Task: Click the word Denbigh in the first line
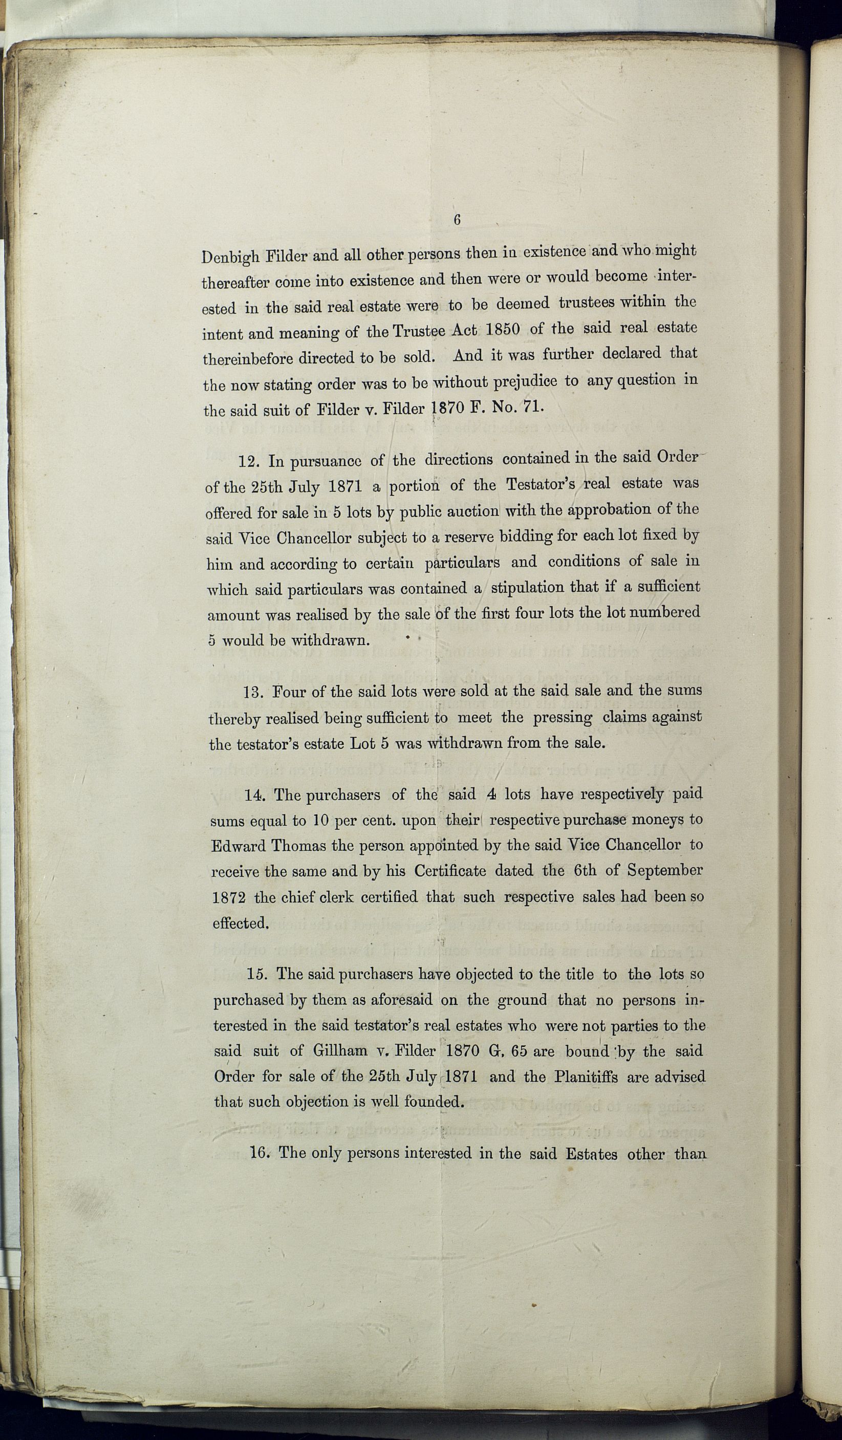pyautogui.click(x=230, y=257)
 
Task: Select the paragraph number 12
pyautogui.click(x=250, y=462)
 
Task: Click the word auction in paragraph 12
pyautogui.click(x=471, y=510)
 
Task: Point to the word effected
pyautogui.click(x=240, y=923)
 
